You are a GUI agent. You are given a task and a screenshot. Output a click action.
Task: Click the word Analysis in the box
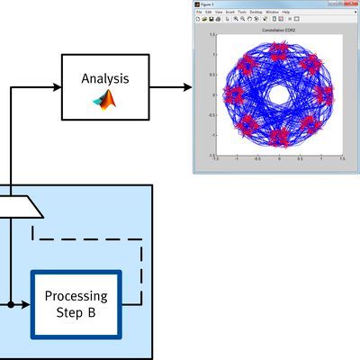coord(106,78)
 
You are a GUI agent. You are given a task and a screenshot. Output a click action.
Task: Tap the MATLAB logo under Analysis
coord(106,100)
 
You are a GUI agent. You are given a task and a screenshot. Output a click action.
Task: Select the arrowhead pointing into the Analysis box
coord(56,86)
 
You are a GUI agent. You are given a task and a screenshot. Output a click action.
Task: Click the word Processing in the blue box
coord(76,296)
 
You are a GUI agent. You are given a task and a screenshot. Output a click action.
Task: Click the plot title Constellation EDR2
coord(279,31)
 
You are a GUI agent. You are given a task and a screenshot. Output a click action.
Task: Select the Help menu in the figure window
coord(287,12)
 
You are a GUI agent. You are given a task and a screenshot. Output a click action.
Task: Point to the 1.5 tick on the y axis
coord(211,35)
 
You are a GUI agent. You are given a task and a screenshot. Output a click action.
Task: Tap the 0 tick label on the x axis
coord(279,157)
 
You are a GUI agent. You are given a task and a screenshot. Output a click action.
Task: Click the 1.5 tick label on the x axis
coord(342,157)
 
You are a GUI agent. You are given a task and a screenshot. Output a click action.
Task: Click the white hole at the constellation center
coord(279,94)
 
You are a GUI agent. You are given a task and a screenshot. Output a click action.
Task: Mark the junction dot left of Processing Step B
coord(11,305)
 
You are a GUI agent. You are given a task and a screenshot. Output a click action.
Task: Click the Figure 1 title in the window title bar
coord(208,4)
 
